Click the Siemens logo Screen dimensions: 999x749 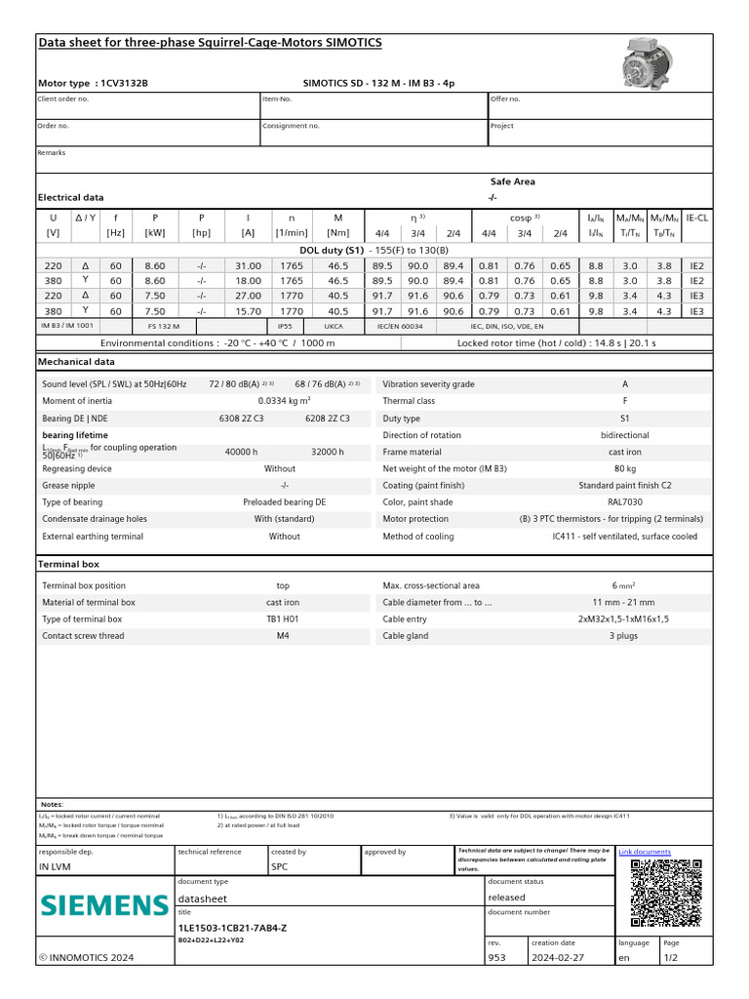pos(104,904)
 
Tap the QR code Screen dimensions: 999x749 pos(667,894)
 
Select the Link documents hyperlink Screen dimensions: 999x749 pos(645,852)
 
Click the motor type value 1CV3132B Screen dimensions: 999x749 pos(124,83)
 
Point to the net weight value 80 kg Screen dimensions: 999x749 pos(625,468)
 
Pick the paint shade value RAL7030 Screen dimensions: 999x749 pos(625,502)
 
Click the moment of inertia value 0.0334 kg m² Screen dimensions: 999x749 pos(284,401)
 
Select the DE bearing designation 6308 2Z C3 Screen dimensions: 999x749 pos(242,418)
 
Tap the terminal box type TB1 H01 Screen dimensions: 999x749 pos(283,619)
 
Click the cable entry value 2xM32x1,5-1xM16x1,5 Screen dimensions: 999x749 pos(625,619)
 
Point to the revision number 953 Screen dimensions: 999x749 pos(496,958)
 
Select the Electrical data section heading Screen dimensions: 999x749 pos(70,197)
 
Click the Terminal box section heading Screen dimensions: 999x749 pos(68,564)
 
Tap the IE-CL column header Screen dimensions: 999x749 pos(697,218)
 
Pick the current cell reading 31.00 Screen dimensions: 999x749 pos(248,265)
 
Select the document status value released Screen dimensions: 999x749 pos(506,898)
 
